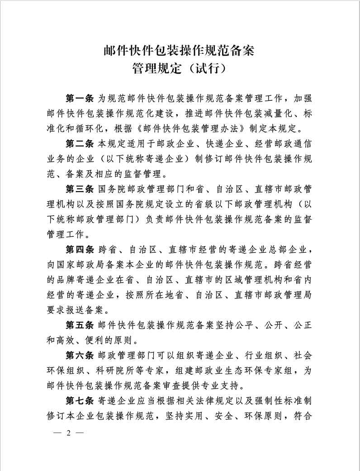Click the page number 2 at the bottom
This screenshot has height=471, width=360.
coord(69,433)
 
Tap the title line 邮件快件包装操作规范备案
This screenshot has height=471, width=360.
coord(180,50)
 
